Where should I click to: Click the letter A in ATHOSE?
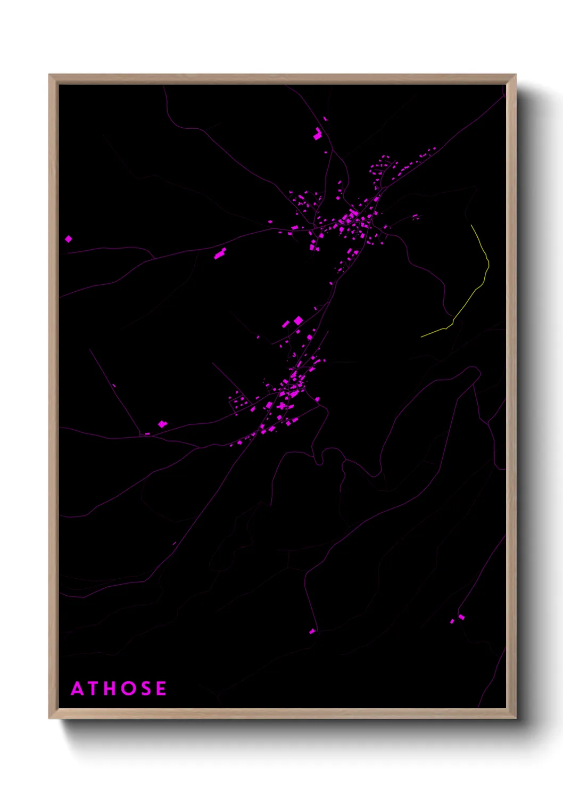click(x=78, y=688)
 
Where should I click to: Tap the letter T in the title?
click(x=95, y=688)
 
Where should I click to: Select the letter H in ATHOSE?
click(x=112, y=688)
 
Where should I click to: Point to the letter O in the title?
click(x=129, y=688)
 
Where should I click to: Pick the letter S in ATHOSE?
click(x=146, y=688)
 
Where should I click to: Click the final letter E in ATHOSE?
click(x=161, y=688)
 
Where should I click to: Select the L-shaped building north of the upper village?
click(x=318, y=134)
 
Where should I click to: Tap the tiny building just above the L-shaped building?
click(x=325, y=119)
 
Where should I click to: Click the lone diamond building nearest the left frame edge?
click(x=69, y=239)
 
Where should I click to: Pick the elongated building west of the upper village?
click(x=220, y=253)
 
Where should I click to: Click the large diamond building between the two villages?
click(x=299, y=320)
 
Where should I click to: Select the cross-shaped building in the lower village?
click(x=281, y=406)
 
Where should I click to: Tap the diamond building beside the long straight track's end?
click(x=162, y=424)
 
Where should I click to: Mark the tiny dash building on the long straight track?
click(x=114, y=385)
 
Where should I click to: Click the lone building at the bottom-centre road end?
click(x=312, y=631)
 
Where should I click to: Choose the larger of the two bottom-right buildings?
click(x=461, y=617)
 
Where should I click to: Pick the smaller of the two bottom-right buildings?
click(x=452, y=621)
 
